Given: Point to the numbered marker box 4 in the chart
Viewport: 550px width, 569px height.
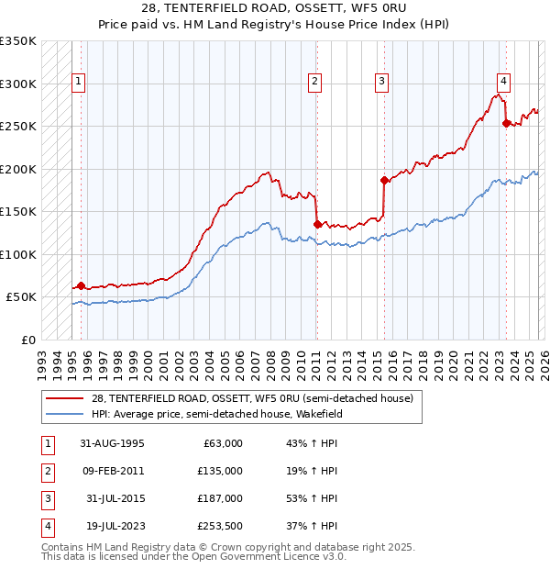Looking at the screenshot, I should coord(504,79).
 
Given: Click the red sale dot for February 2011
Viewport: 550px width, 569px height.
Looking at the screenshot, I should coord(316,223).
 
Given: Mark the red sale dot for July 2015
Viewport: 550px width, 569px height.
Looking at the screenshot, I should coord(384,180).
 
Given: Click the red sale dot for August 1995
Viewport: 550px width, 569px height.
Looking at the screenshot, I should coord(81,285).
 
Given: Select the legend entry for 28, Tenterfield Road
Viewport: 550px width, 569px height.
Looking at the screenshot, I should coord(252,398).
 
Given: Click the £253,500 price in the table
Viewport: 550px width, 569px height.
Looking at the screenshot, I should coord(219,526).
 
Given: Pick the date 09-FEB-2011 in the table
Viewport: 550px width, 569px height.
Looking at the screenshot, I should coord(112,471).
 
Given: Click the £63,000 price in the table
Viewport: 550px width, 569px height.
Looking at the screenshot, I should coord(221,443).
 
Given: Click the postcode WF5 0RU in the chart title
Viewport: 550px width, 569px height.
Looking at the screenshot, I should coord(308,8).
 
